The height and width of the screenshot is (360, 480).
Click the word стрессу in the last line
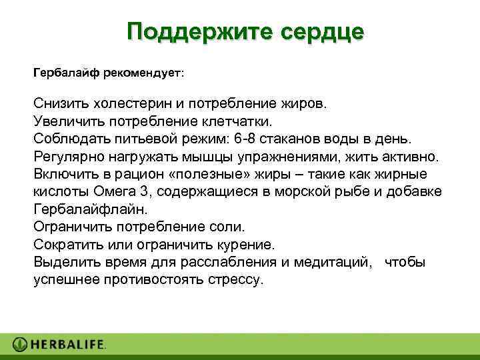coord(237,279)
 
